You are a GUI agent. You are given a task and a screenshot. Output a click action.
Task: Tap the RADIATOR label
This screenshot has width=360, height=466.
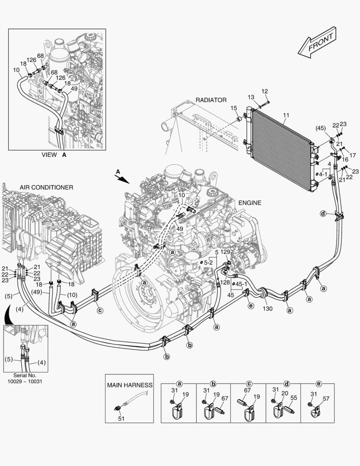211,100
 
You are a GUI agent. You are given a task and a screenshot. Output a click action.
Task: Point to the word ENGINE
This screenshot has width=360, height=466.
249,202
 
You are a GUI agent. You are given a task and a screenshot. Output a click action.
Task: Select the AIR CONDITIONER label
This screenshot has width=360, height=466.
46,187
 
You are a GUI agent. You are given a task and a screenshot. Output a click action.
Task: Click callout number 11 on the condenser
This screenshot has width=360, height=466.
286,116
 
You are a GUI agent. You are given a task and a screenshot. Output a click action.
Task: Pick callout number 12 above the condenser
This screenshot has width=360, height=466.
265,91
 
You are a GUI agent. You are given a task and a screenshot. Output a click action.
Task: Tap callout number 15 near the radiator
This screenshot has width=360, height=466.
233,108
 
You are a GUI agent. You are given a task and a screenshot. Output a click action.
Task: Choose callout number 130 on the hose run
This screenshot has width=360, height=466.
268,309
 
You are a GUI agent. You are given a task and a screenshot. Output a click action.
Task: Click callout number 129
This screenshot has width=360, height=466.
225,252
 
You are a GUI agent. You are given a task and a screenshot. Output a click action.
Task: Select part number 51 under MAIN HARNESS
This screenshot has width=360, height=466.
121,418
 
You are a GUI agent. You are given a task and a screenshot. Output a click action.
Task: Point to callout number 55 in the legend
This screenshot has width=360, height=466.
294,398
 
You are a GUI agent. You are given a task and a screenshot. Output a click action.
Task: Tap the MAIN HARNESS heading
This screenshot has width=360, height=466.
130,385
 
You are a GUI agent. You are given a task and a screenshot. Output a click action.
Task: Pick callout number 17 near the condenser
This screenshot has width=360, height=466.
352,155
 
